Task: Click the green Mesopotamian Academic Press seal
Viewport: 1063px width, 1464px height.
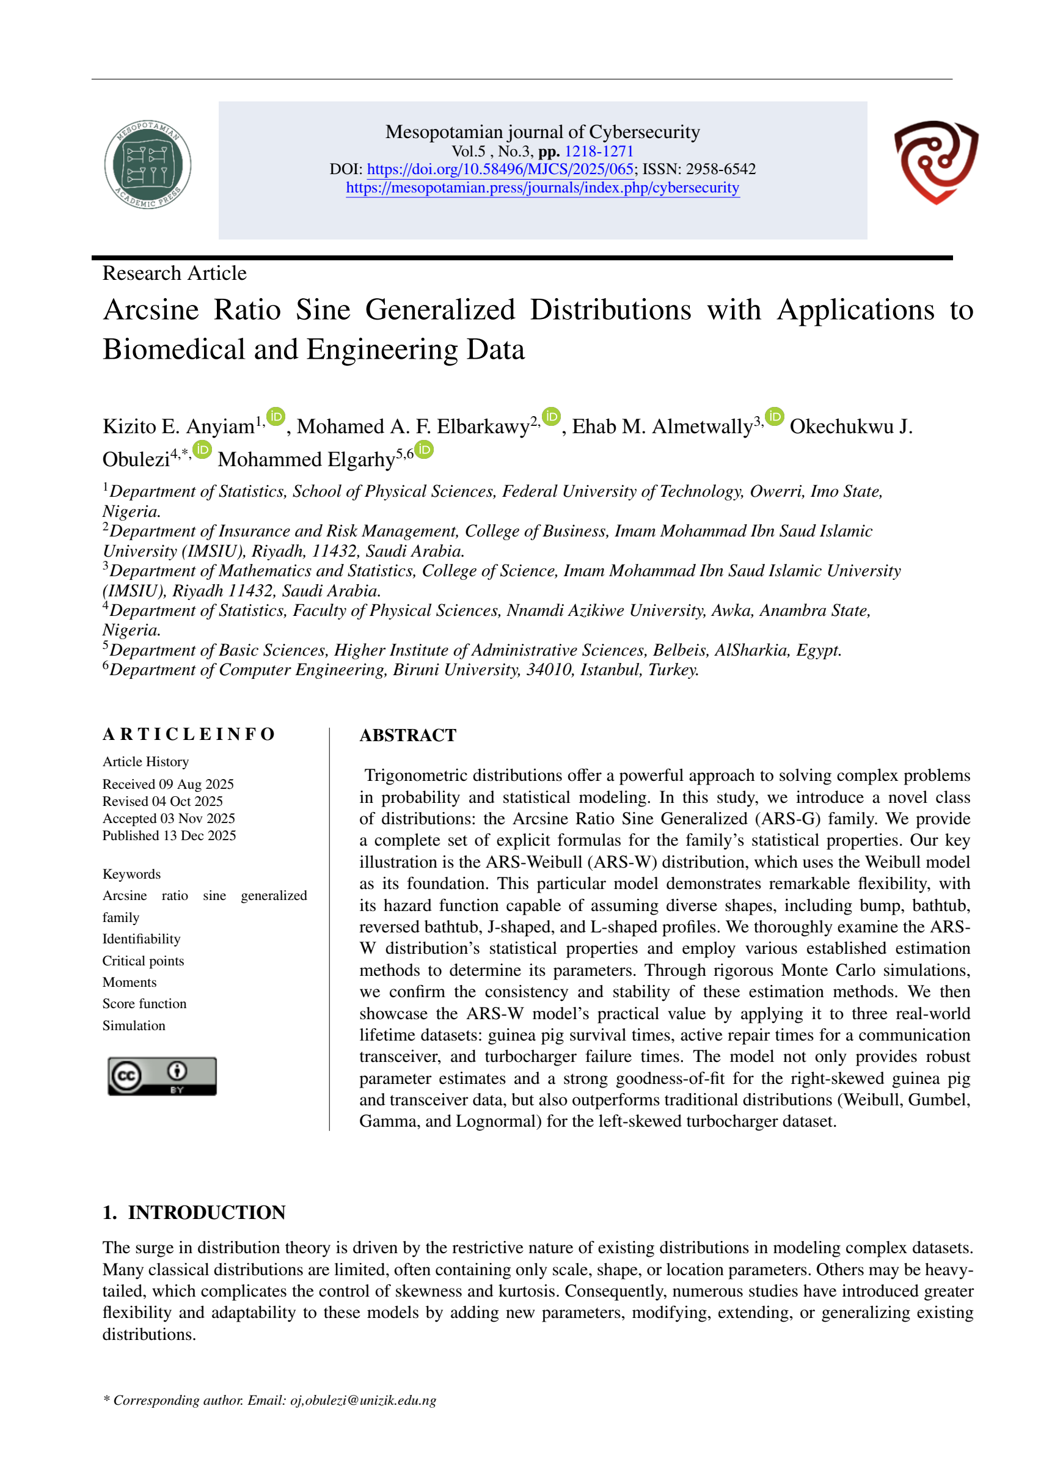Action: click(x=148, y=165)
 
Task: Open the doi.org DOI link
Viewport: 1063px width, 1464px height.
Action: click(x=500, y=169)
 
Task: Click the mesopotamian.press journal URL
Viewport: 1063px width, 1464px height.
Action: click(x=542, y=188)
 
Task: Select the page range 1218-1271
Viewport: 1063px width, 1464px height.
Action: click(x=598, y=151)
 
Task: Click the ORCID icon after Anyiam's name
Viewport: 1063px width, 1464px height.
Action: click(x=276, y=417)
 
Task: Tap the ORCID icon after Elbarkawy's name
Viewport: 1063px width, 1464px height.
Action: click(x=550, y=417)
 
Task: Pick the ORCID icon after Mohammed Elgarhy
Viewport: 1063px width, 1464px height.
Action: click(x=424, y=449)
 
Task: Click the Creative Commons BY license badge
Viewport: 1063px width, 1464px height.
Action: click(x=162, y=1075)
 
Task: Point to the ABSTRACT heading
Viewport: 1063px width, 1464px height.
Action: click(x=407, y=735)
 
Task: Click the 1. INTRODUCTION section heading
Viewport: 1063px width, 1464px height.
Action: click(x=194, y=1212)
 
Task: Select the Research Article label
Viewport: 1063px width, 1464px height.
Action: click(x=174, y=273)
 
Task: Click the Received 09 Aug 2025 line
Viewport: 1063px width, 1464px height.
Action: click(x=168, y=784)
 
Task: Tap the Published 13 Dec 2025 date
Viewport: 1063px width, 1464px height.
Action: click(x=169, y=835)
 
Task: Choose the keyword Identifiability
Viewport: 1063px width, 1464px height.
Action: click(x=141, y=939)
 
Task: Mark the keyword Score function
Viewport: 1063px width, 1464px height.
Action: click(x=145, y=1003)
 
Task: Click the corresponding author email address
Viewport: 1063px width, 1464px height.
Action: click(x=363, y=1400)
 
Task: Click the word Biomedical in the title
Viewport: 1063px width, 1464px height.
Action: click(x=172, y=350)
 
